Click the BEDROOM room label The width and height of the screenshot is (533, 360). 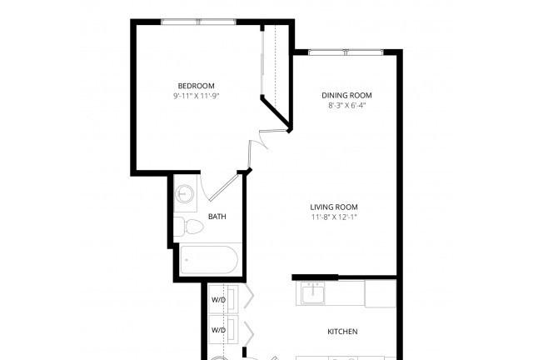coord(197,86)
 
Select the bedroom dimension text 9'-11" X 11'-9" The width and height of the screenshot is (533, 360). coord(197,96)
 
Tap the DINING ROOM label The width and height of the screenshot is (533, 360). coord(346,95)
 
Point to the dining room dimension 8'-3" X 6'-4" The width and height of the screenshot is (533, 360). coord(346,106)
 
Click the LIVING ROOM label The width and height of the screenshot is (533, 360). coord(334,207)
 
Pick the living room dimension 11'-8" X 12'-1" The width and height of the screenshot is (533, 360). coord(334,217)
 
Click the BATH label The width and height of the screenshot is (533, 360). coord(217,217)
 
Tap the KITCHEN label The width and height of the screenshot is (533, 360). coord(342,332)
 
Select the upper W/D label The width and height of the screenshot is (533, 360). coord(218,300)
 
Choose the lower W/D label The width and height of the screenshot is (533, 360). coord(218,330)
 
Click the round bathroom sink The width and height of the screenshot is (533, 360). coord(184,194)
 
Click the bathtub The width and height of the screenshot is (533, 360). coord(209,260)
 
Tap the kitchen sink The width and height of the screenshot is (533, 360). coord(313,293)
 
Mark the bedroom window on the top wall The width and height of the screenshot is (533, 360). coord(198,22)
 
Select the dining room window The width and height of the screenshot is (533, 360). coord(346,52)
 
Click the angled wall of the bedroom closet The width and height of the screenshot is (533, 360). coord(276,114)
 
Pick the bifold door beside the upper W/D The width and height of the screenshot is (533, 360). coord(249,296)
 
